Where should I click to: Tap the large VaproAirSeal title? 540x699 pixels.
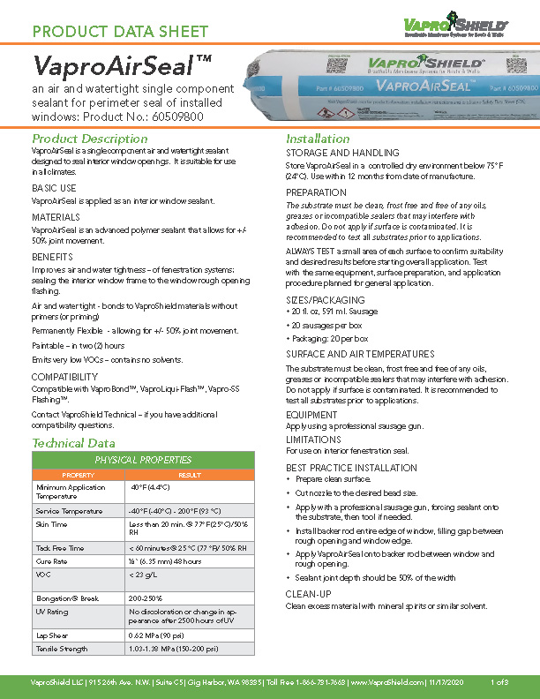[x=121, y=67]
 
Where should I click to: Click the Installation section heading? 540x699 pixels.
[x=318, y=139]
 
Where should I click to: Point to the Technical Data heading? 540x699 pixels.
[x=73, y=442]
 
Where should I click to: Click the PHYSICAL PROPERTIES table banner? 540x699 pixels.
[x=143, y=460]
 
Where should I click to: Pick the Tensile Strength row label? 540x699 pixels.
[x=62, y=649]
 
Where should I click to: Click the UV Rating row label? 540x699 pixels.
[x=52, y=611]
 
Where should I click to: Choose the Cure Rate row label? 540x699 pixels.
[x=51, y=560]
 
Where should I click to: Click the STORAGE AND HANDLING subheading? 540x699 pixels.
[x=342, y=154]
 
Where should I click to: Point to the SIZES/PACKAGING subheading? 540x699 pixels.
[x=325, y=300]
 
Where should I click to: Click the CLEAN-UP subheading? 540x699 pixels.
[x=308, y=595]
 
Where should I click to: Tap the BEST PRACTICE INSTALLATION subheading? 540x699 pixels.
[x=351, y=468]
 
